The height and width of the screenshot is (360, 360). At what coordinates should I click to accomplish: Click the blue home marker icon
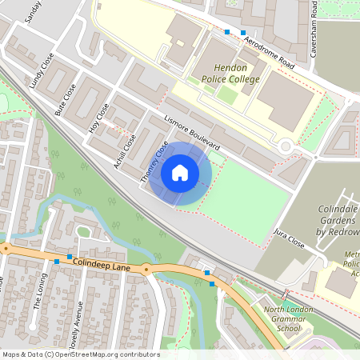click(x=180, y=172)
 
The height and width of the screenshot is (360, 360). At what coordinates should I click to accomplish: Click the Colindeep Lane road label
click(x=100, y=262)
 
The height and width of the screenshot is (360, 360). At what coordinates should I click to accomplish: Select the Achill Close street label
click(x=126, y=147)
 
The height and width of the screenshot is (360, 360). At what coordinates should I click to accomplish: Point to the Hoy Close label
click(x=98, y=120)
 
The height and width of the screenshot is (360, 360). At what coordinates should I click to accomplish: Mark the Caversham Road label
click(x=316, y=20)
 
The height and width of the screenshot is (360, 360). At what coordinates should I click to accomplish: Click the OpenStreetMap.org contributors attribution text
click(x=106, y=354)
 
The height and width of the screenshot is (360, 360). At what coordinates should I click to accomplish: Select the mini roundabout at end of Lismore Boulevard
click(x=286, y=146)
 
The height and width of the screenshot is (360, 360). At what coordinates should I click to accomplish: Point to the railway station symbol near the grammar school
click(x=285, y=294)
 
